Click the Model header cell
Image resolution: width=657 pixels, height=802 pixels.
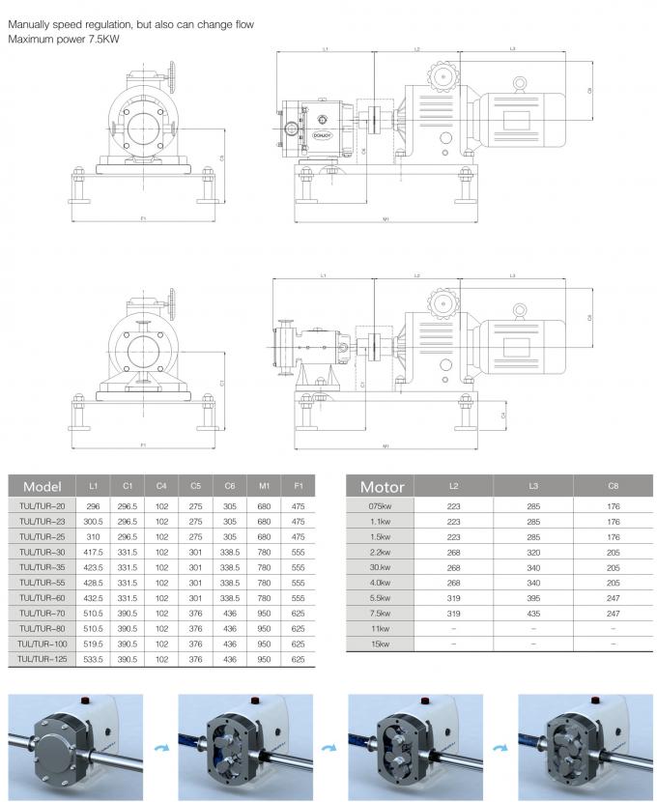(42, 486)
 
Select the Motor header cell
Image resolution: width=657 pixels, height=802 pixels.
(380, 486)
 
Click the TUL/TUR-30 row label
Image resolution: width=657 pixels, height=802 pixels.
(42, 552)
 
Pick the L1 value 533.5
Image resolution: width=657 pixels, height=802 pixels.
(93, 659)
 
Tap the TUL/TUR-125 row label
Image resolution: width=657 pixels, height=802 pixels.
(42, 659)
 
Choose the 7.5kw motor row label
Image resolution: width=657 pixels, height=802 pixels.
(380, 613)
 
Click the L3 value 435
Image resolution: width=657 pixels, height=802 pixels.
(533, 613)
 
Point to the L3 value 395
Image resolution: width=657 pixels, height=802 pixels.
(533, 597)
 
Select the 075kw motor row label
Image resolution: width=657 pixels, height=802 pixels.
(380, 505)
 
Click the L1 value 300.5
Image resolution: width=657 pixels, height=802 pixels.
(93, 521)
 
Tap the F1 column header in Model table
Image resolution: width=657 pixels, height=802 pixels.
(298, 486)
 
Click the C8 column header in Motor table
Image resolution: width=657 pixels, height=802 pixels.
(613, 486)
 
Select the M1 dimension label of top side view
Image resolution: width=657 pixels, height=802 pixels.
(386, 219)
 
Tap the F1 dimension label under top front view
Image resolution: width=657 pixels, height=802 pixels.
(143, 219)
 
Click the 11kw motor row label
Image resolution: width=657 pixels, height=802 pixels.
(380, 628)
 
